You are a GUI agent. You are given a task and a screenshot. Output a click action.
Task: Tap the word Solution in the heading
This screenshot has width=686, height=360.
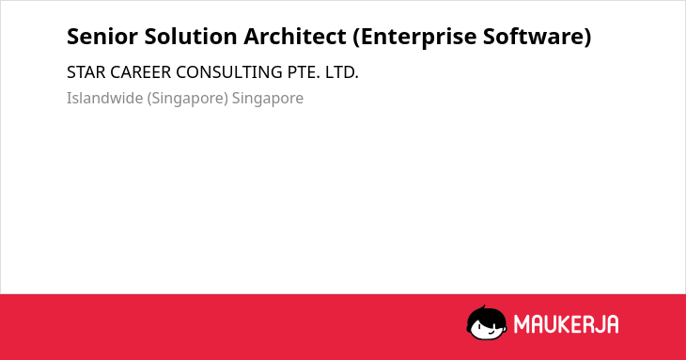pyautogui.click(x=191, y=36)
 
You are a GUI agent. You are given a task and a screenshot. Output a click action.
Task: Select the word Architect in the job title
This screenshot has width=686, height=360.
pyautogui.click(x=295, y=36)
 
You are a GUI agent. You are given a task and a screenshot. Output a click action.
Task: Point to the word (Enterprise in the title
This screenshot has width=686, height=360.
pyautogui.click(x=414, y=37)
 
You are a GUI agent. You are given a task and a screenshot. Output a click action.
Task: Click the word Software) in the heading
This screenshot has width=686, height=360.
pyautogui.click(x=538, y=37)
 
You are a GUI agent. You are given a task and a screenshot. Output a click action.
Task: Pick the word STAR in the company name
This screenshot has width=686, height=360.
pyautogui.click(x=86, y=72)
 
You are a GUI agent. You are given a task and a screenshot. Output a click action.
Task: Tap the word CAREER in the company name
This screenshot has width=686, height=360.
pyautogui.click(x=140, y=72)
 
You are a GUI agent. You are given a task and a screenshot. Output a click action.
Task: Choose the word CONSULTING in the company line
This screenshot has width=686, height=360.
pyautogui.click(x=229, y=72)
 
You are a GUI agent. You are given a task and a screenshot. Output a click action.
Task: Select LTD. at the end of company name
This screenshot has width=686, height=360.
pyautogui.click(x=342, y=72)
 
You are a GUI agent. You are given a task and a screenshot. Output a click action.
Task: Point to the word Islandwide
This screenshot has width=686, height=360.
pyautogui.click(x=105, y=98)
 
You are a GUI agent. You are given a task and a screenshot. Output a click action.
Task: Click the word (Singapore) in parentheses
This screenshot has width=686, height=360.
pyautogui.click(x=188, y=99)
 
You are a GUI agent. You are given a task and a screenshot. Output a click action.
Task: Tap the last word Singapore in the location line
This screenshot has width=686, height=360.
pyautogui.click(x=267, y=99)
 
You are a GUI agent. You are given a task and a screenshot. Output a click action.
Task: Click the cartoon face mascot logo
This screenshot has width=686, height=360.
pyautogui.click(x=487, y=323)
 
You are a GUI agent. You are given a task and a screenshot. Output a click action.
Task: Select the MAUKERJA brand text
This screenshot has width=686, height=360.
pyautogui.click(x=566, y=324)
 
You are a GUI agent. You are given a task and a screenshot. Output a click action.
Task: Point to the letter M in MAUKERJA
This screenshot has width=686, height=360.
pyautogui.click(x=522, y=324)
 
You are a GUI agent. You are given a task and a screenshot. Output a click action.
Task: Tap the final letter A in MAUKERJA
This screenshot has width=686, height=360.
pyautogui.click(x=612, y=324)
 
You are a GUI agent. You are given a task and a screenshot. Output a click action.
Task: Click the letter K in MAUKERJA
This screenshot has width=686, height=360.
pyautogui.click(x=566, y=324)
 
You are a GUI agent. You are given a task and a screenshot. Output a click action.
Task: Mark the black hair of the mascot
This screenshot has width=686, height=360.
pyautogui.click(x=485, y=314)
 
